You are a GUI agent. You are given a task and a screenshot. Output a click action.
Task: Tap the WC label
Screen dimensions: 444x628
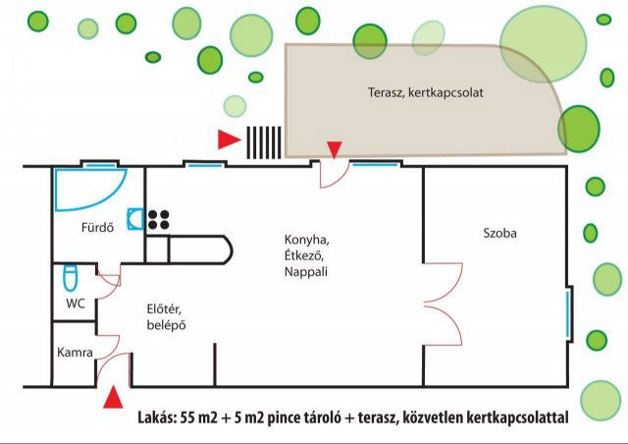[x=76, y=304]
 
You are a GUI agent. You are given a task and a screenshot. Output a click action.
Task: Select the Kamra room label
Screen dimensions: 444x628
[x=76, y=352]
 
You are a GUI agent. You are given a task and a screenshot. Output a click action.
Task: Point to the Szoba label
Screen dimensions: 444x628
[x=499, y=234]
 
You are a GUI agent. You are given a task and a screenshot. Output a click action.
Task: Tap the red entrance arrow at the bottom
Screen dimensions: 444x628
[x=115, y=397]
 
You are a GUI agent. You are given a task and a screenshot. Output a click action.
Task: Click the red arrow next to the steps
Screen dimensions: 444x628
[x=229, y=140]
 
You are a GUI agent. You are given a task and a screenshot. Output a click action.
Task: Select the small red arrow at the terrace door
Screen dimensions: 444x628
[x=335, y=149]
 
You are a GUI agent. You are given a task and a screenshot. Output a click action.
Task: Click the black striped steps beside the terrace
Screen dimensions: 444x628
[x=263, y=141]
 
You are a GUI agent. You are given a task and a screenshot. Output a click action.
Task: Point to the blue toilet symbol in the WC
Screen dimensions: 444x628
[x=70, y=277]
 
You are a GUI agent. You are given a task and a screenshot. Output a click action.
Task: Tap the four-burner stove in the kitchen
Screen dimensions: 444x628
[x=159, y=219]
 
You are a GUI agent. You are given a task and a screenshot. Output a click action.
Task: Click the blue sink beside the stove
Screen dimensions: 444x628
[x=135, y=219]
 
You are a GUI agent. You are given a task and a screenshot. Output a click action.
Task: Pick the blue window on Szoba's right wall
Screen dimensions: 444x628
[x=568, y=313]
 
